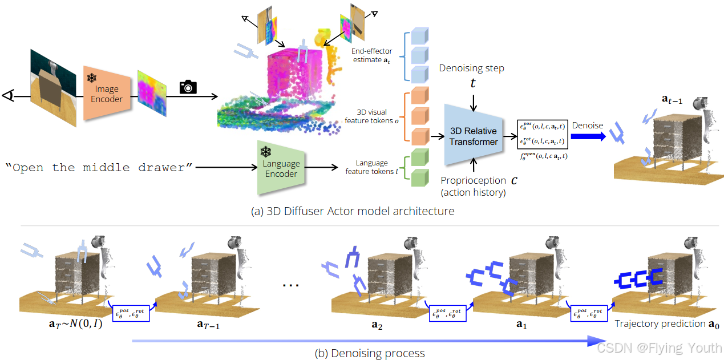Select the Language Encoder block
(x=281, y=168)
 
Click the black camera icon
(x=188, y=87)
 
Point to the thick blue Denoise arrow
(x=588, y=136)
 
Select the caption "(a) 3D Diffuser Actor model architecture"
(x=353, y=211)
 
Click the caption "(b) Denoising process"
(x=370, y=353)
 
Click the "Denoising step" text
(x=471, y=68)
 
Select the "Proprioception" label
(x=473, y=180)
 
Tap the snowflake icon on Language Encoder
(x=265, y=152)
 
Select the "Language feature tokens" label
(x=371, y=167)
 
